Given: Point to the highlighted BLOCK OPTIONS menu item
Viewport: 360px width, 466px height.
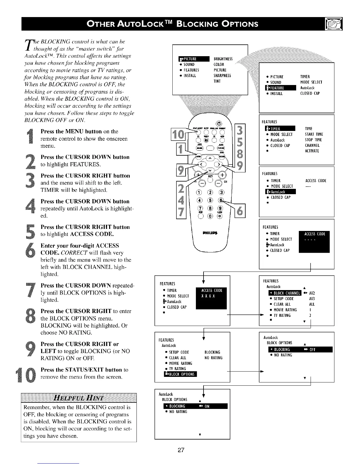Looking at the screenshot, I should [178, 374].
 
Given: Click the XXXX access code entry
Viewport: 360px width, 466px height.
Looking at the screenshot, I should [208, 296].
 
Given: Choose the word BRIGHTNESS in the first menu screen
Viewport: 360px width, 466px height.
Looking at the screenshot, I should [223, 59].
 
